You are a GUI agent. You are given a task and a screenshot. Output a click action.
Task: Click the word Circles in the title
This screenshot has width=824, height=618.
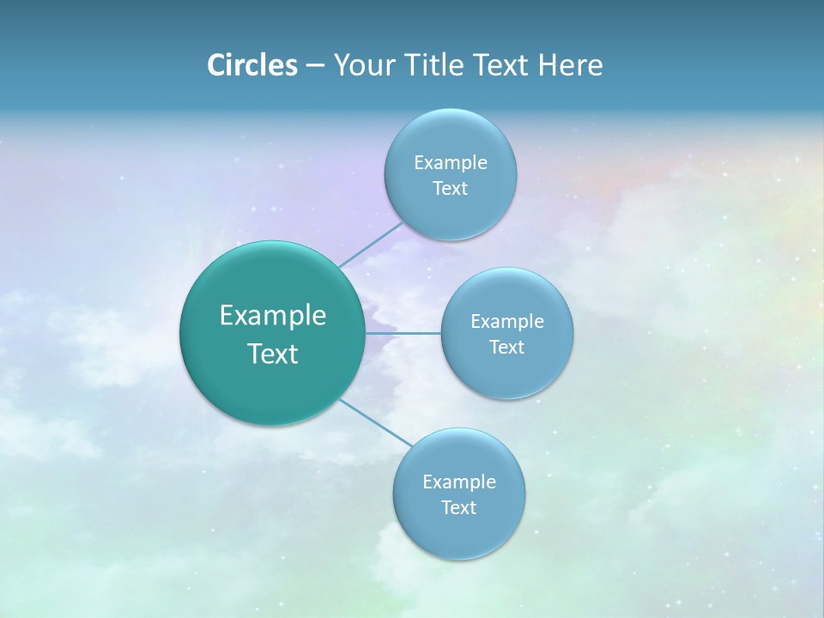251,65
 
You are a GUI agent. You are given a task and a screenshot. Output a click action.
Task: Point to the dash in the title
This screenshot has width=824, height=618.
315,66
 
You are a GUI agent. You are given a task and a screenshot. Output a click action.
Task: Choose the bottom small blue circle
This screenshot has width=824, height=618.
458,532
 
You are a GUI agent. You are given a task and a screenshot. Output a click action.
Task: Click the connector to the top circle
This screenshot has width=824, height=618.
371,245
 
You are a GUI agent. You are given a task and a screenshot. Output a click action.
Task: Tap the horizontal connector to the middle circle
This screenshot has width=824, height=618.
403,332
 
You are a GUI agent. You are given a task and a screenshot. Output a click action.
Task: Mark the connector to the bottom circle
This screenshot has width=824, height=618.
376,422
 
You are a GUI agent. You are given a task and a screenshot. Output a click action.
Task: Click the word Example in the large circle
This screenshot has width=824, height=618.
273,316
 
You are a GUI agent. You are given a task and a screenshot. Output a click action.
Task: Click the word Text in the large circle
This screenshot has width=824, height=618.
273,354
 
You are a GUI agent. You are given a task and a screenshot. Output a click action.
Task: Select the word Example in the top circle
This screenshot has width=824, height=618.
451,162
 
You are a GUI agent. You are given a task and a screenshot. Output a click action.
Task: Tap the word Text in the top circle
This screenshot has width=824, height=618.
450,188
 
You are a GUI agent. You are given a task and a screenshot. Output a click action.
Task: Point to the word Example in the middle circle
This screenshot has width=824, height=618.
507,321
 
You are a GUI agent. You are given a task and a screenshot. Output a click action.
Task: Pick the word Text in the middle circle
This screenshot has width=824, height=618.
506,347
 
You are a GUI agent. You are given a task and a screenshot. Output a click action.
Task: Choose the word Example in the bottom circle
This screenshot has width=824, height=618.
459,482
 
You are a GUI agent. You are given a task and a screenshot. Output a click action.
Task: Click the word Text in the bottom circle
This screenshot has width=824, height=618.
458,507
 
